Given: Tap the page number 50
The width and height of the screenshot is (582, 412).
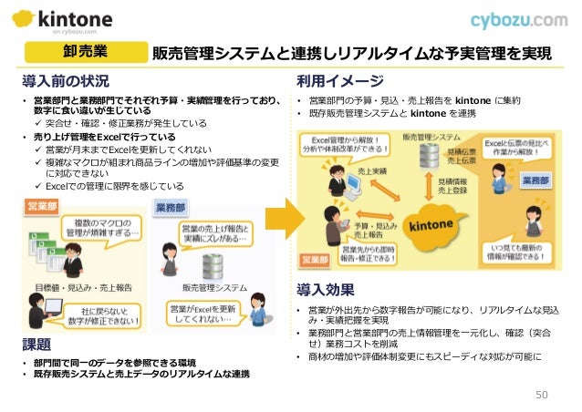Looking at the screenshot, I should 541,393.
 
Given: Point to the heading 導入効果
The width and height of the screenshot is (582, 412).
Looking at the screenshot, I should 326,291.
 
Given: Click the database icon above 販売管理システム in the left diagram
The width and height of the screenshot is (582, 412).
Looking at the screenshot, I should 213,265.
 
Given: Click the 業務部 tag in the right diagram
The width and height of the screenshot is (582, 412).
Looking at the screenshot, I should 536,180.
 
